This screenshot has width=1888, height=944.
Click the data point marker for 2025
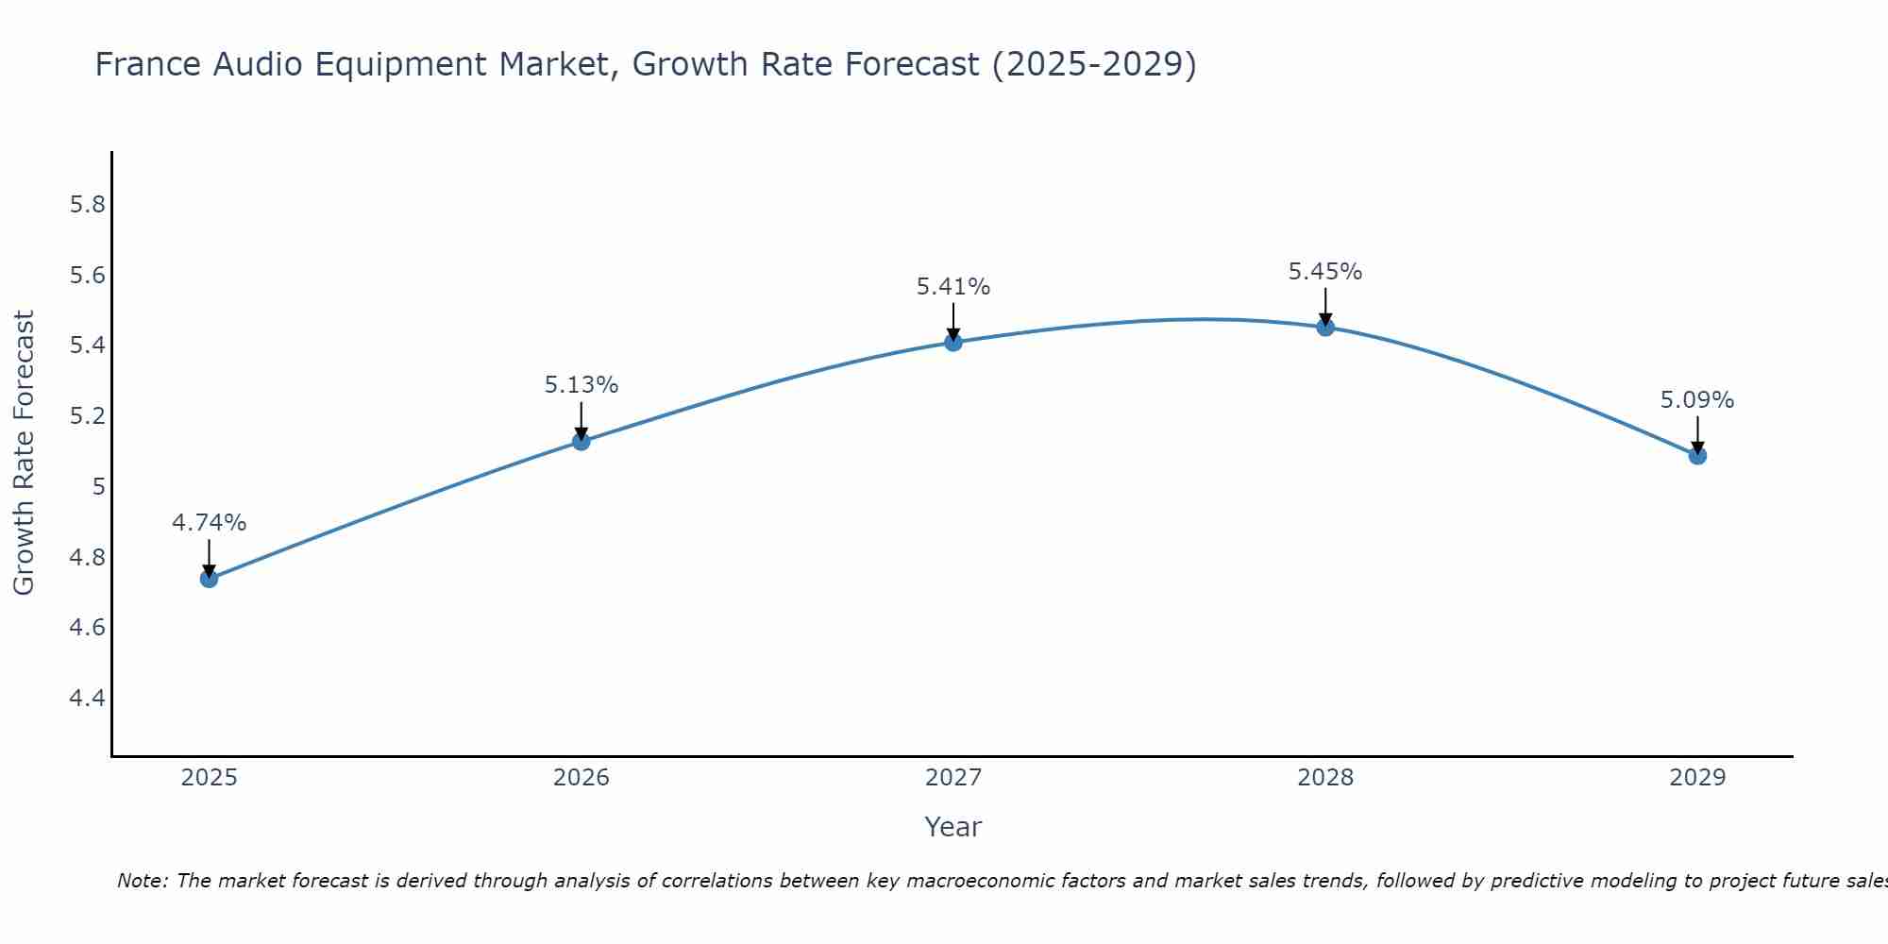[210, 579]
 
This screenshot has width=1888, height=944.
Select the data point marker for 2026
[582, 441]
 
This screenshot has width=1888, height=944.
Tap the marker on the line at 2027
[953, 342]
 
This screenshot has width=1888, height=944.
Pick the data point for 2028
[1325, 328]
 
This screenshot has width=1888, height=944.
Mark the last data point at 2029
[1697, 456]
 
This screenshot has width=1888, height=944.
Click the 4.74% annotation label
[210, 523]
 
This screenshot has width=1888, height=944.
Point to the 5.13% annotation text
[582, 385]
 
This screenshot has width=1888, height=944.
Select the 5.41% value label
[953, 287]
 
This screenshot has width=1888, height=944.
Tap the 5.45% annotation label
[1325, 272]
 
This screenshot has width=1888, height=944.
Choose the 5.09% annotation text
[1697, 400]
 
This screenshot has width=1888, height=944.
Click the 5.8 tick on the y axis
[88, 205]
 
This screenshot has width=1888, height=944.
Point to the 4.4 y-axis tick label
[88, 699]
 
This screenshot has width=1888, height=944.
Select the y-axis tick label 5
[98, 487]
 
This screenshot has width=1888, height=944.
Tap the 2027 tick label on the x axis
[953, 778]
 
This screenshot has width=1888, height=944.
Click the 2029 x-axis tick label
[1697, 778]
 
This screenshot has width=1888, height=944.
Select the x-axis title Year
[953, 827]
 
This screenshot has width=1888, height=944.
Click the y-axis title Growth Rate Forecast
[24, 453]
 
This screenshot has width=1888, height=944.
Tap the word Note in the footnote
[141, 882]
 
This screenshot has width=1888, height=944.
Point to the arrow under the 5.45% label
[1325, 307]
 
